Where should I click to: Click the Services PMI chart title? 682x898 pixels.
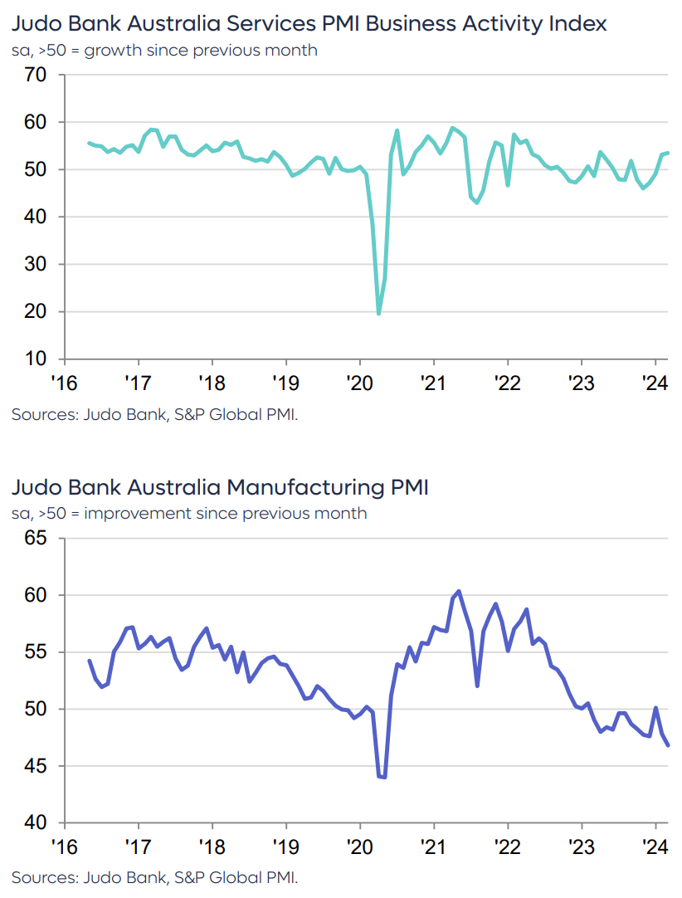pos(309,23)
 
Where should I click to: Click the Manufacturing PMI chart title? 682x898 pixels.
pos(220,487)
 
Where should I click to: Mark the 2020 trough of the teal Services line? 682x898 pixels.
pos(379,314)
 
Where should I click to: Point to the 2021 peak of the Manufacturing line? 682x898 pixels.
pos(459,591)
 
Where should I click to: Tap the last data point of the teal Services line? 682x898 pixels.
pos(668,153)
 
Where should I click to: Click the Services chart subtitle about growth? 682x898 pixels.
pos(164,51)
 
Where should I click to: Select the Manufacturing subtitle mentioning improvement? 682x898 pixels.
pos(189,513)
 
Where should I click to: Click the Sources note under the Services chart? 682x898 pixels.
pos(154,414)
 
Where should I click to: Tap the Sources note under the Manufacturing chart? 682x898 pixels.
pos(154,877)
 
